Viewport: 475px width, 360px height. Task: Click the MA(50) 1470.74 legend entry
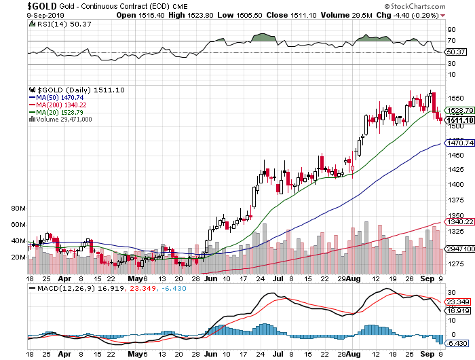pos(60,97)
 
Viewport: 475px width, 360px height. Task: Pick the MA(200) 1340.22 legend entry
pos(62,105)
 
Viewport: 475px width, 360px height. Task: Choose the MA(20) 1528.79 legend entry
pos(60,112)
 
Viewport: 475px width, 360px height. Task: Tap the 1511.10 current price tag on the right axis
pos(459,120)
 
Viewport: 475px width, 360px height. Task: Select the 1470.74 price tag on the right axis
pos(459,143)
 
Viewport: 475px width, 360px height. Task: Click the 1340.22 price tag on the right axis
pos(459,221)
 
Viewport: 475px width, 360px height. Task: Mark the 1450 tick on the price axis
pos(455,155)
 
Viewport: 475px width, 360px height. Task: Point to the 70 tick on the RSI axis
pos(450,41)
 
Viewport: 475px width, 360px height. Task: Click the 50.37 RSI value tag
pos(455,52)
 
